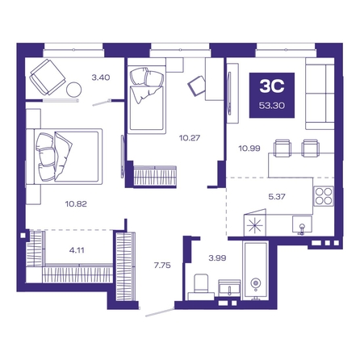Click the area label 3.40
coord(101,77)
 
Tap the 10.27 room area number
coord(190,138)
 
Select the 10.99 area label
coord(249,149)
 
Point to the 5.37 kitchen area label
coord(277,197)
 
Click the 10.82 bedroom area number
coord(76,204)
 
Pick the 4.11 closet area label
coord(77,250)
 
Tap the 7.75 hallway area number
coord(162,266)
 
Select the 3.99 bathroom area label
coord(217,258)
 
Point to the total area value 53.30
coord(272,106)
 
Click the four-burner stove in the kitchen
coord(324,196)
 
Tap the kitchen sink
coord(302,224)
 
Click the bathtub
coord(255,270)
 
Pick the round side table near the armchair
coord(73,90)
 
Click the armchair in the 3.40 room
coord(48,77)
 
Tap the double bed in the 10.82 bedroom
coord(65,157)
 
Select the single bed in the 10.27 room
coord(146,99)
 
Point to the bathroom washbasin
coord(229,288)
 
